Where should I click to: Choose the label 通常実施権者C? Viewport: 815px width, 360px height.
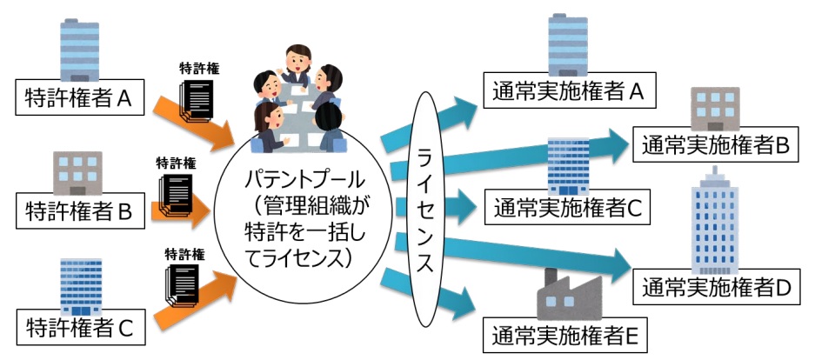pos(566,208)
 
